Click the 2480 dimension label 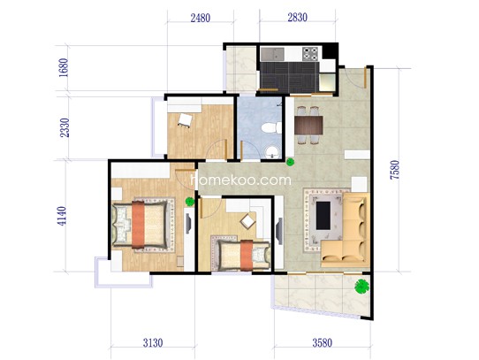pyautogui.click(x=201, y=19)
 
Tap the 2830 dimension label pyautogui.click(x=297, y=18)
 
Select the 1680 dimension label pyautogui.click(x=65, y=67)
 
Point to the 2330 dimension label pyautogui.click(x=65, y=127)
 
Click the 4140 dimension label pyautogui.click(x=62, y=216)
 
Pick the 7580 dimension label pyautogui.click(x=394, y=170)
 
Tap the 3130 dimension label pyautogui.click(x=153, y=342)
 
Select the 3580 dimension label pyautogui.click(x=322, y=342)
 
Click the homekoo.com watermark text pyautogui.click(x=241, y=180)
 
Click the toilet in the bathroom pyautogui.click(x=271, y=127)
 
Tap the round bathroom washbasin pyautogui.click(x=272, y=152)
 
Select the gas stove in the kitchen pyautogui.click(x=310, y=54)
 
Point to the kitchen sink pyautogui.click(x=272, y=54)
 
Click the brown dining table pyautogui.click(x=308, y=125)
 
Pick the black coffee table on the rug pyautogui.click(x=323, y=215)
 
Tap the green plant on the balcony pyautogui.click(x=362, y=287)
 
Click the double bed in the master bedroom pyautogui.click(x=141, y=224)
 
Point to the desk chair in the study pyautogui.click(x=184, y=119)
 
